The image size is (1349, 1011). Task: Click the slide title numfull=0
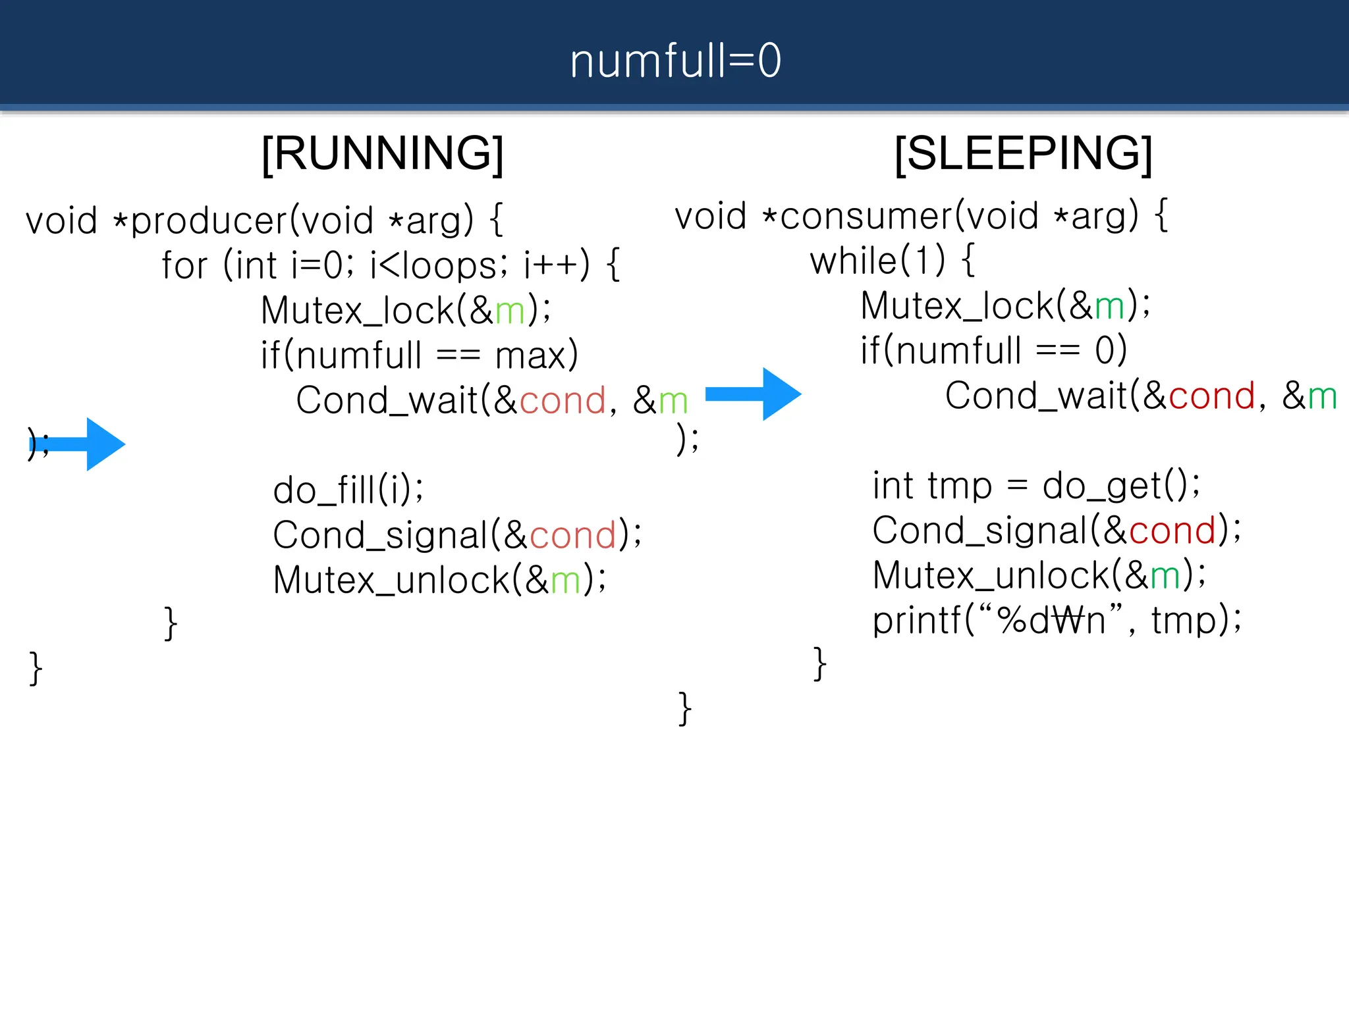click(x=674, y=61)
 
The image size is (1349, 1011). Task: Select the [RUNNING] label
click(x=382, y=153)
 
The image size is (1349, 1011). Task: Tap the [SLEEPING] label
click(x=1023, y=153)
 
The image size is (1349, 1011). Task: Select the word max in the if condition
click(x=530, y=356)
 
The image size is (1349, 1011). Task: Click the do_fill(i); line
click(x=348, y=490)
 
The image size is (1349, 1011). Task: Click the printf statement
click(x=1056, y=620)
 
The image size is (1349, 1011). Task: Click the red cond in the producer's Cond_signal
click(x=572, y=535)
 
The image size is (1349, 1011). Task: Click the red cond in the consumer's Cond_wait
click(x=1211, y=396)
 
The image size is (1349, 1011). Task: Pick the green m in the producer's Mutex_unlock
click(x=565, y=581)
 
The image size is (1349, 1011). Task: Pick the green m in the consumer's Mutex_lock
click(x=1109, y=307)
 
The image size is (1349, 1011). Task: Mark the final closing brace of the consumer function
click(x=685, y=709)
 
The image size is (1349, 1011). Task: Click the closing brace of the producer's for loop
click(x=171, y=623)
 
